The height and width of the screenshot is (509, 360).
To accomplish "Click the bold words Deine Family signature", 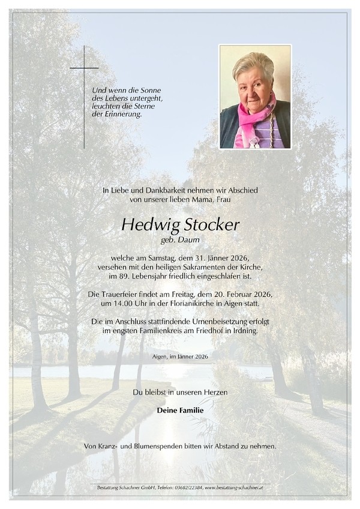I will click(x=180, y=411).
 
